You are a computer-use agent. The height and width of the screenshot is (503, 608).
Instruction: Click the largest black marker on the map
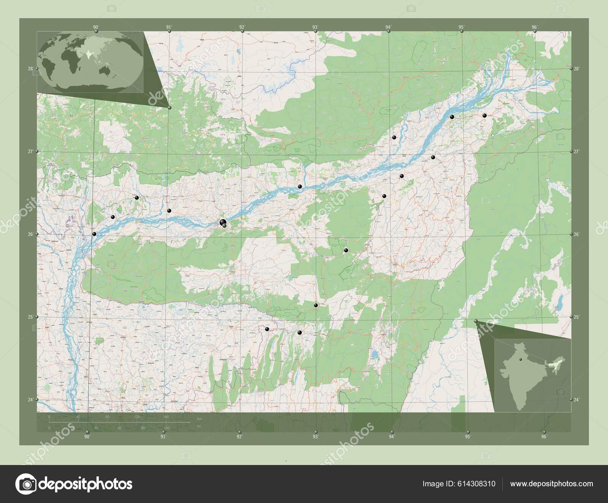tap(223, 223)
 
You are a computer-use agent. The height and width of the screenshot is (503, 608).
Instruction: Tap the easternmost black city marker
tap(484, 115)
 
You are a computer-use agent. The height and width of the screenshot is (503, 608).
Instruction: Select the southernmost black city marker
tap(300, 333)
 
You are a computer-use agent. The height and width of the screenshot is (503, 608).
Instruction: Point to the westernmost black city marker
tap(94, 234)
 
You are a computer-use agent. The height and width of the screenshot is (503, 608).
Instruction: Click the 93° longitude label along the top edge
tap(315, 27)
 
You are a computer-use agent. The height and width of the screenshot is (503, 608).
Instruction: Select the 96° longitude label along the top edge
tap(535, 27)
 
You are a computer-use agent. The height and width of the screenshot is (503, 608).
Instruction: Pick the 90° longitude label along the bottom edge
tap(87, 437)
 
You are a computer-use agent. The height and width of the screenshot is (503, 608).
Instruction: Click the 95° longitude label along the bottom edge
tap(468, 437)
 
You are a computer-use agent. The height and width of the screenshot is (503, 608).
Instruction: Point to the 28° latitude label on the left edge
tap(30, 69)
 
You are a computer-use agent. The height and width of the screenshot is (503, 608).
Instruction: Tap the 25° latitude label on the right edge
tap(576, 316)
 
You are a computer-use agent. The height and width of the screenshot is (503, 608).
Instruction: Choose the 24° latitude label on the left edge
tap(30, 399)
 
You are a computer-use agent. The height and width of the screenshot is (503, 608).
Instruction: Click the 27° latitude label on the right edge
tap(576, 151)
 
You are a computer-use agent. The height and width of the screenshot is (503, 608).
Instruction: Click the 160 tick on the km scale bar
tap(166, 417)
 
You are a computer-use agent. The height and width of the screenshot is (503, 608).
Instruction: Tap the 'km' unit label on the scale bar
tap(199, 419)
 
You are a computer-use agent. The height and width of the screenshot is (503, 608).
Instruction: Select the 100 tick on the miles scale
tap(166, 428)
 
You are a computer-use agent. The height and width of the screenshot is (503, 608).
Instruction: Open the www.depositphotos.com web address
tap(551, 484)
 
